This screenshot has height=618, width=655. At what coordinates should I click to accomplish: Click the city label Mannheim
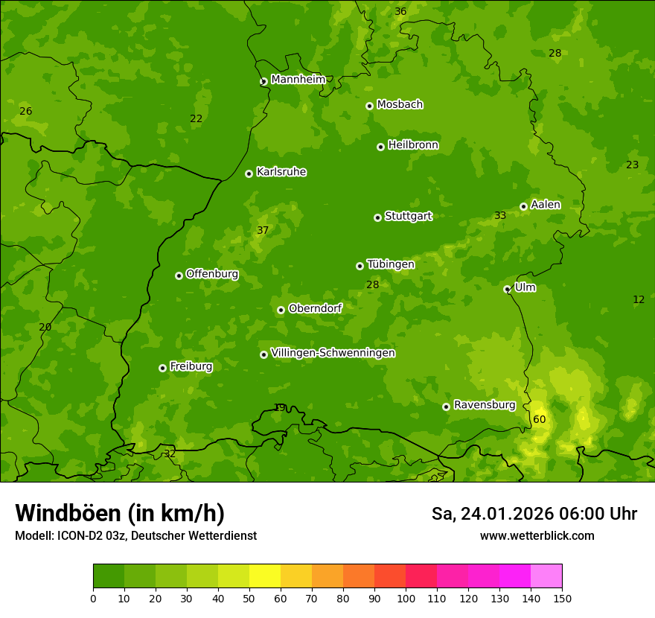pos(298,79)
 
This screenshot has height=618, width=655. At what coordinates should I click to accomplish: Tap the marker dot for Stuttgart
pos(377,217)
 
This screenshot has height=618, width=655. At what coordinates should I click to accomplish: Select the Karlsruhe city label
pos(281,172)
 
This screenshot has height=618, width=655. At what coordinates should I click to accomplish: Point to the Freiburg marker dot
pos(162,368)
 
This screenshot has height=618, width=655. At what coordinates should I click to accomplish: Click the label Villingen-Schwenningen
pos(333,353)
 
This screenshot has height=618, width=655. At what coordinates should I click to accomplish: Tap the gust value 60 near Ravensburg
pos(539,419)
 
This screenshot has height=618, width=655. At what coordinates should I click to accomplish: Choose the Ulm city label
pos(525,287)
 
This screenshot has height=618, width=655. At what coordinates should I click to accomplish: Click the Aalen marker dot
pos(523,206)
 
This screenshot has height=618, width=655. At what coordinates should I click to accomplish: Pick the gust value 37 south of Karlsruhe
pos(263,230)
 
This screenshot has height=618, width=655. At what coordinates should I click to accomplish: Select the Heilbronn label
pos(413,145)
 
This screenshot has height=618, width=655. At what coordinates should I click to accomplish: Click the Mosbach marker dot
pos(369,106)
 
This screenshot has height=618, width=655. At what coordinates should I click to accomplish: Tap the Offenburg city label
pos(212,274)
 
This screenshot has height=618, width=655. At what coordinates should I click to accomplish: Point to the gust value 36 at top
pos(400,11)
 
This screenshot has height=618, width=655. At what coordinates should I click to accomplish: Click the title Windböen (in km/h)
pos(120,513)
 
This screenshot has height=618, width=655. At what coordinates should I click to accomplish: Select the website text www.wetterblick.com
pos(537,535)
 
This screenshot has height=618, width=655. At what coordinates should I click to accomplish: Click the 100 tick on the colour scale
pos(406,597)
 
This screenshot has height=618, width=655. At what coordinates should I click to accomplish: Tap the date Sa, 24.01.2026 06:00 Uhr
pos(534,514)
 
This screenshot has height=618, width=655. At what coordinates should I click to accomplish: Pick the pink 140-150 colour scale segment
pos(546,576)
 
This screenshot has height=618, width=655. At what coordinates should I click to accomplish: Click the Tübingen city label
pos(391,264)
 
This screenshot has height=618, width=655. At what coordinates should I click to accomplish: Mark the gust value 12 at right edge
pos(639,299)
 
